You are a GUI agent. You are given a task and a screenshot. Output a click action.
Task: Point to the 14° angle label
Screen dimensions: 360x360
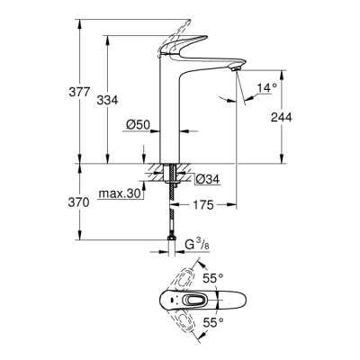coord(267,88)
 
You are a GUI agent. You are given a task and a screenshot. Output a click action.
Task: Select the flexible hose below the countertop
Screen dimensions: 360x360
coord(170,211)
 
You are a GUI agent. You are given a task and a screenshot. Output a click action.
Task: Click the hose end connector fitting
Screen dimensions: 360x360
coord(170,244)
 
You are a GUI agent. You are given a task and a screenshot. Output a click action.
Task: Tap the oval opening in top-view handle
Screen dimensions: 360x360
coord(192,301)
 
